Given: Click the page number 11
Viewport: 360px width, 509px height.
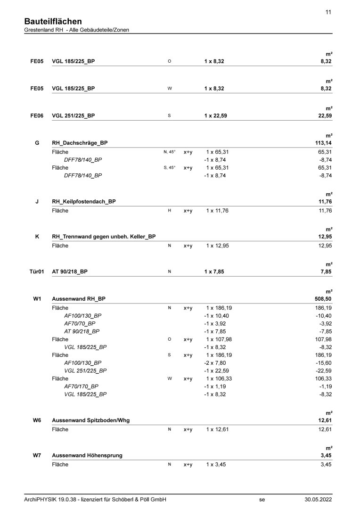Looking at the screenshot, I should pos(328,12).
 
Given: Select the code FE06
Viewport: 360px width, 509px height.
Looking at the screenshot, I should pos(37,115).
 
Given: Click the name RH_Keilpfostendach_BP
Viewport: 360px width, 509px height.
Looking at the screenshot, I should pos(84,201).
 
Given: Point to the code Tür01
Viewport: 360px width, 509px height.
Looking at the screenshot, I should pos(36,271).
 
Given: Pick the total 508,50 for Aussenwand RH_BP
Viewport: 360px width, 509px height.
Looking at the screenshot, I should pos(322,299).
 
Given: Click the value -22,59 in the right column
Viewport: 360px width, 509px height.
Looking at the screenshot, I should pos(323,371).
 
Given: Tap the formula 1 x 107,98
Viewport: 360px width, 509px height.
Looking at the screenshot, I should pos(219,339).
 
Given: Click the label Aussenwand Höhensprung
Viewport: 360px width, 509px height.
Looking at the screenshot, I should pos(87,455).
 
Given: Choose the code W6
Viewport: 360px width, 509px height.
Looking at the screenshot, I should pos(37,420).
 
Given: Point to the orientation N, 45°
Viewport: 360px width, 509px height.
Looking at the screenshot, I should pos(169,152).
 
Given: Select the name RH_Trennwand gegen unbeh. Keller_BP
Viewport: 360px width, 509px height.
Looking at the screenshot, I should pos(104,237).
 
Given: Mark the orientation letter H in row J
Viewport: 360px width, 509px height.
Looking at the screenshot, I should pos(169,211).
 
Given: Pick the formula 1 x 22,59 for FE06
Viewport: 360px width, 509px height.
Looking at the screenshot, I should pos(216,115).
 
